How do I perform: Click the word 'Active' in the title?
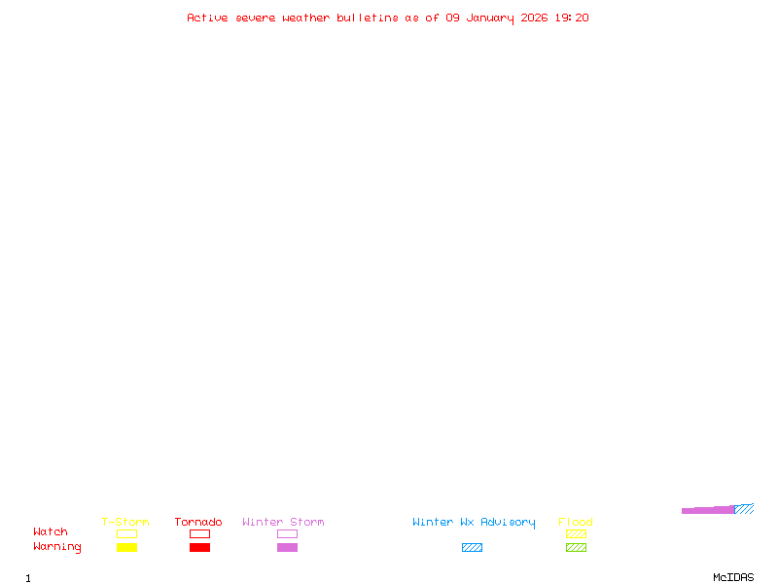(207, 18)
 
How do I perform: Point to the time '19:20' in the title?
(572, 18)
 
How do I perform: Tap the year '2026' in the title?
(534, 18)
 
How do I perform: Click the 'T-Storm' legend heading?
(125, 523)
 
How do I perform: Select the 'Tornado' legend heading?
(198, 523)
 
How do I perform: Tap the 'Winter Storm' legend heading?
(283, 523)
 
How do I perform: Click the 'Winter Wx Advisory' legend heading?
(474, 523)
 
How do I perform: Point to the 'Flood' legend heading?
(576, 523)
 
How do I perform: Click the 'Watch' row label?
(51, 532)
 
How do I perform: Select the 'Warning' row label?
(57, 547)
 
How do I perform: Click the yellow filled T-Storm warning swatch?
(126, 548)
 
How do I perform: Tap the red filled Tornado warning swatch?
(199, 548)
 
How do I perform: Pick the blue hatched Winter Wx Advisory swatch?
(472, 548)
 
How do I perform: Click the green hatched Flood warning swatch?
(576, 548)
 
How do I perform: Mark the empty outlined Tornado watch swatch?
(199, 534)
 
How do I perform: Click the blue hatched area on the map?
(745, 508)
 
